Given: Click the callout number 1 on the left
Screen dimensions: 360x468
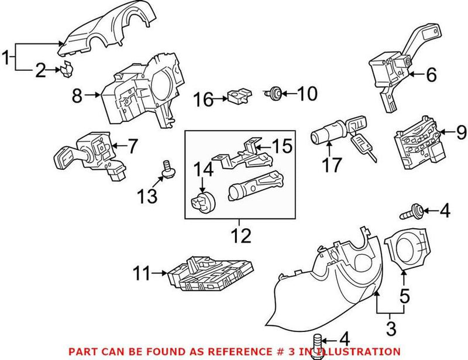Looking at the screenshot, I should pyautogui.click(x=7, y=58).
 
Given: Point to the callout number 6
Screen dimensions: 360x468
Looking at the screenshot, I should pyautogui.click(x=431, y=74).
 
